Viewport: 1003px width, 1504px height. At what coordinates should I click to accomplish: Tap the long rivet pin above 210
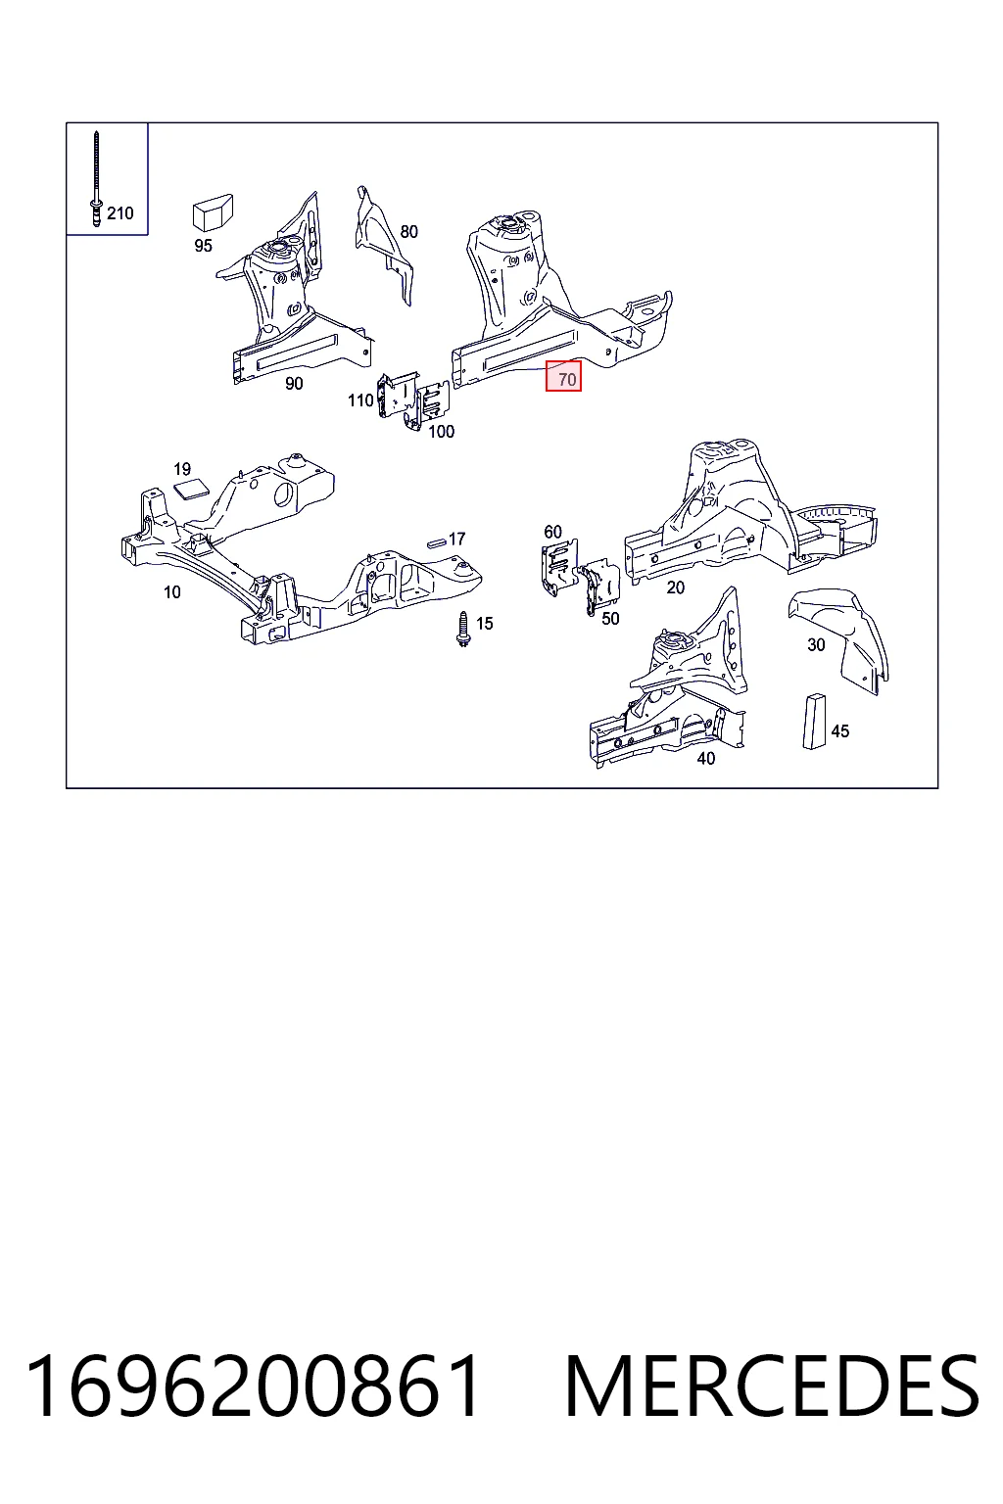pyautogui.click(x=96, y=178)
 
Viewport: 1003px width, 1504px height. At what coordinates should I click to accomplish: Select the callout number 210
pyautogui.click(x=120, y=213)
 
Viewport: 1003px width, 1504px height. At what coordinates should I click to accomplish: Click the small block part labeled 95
pyautogui.click(x=213, y=212)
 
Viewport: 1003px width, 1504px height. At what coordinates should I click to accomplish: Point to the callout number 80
pyautogui.click(x=409, y=232)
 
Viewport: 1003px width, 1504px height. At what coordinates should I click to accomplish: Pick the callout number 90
pyautogui.click(x=294, y=384)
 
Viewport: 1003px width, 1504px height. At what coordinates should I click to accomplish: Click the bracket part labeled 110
pyautogui.click(x=397, y=395)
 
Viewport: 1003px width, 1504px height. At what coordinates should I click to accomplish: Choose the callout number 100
pyautogui.click(x=442, y=432)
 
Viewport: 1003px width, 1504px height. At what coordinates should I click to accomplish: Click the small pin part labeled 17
pyautogui.click(x=437, y=542)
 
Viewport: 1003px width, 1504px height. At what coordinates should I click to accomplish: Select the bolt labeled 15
pyautogui.click(x=462, y=630)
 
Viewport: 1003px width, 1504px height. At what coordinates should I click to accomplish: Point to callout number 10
pyautogui.click(x=172, y=592)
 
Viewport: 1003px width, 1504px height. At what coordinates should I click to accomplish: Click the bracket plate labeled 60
pyautogui.click(x=559, y=568)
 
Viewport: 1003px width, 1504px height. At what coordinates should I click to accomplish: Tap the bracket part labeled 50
pyautogui.click(x=600, y=587)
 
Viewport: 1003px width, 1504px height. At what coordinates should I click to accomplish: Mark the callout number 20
pyautogui.click(x=675, y=587)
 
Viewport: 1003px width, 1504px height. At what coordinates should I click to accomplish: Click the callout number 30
pyautogui.click(x=816, y=645)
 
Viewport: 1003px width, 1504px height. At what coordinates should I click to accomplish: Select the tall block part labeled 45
pyautogui.click(x=814, y=721)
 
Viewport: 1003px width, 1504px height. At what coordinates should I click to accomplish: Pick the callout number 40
pyautogui.click(x=706, y=759)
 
